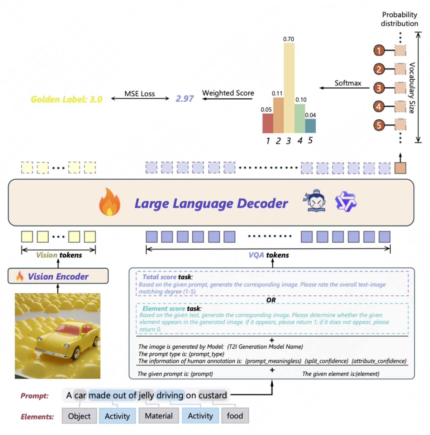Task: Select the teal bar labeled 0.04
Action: (310, 126)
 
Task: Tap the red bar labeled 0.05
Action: (267, 123)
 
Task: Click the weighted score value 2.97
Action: (185, 99)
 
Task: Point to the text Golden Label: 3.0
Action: (66, 99)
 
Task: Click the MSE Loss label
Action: (140, 94)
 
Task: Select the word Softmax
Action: (348, 83)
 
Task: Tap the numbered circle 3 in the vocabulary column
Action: (379, 88)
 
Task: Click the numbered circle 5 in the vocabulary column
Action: (379, 125)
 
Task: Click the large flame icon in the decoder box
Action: (109, 202)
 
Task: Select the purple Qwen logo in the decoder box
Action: (346, 202)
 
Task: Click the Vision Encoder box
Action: (58, 276)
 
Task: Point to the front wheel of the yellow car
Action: (76, 353)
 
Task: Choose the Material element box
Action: (159, 416)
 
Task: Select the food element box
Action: (235, 416)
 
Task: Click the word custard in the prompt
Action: (212, 395)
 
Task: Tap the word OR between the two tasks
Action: (271, 300)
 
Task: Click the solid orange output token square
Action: (400, 168)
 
